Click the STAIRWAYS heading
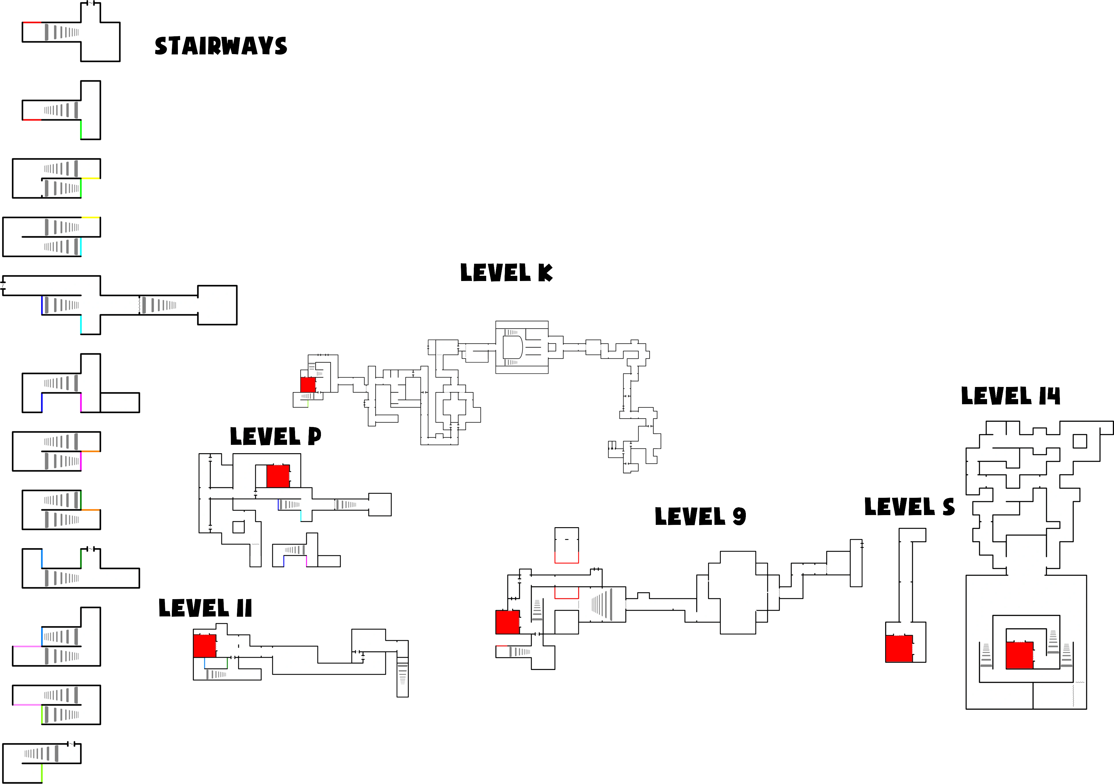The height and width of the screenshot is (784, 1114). tap(221, 45)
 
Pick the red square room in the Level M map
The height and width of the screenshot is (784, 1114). tap(1019, 655)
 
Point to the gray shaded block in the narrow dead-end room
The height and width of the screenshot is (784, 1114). tap(402, 674)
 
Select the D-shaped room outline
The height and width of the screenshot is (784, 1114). tap(512, 347)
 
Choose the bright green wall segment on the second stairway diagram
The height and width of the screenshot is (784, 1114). tap(81, 130)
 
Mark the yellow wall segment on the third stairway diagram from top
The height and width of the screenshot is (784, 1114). tap(91, 179)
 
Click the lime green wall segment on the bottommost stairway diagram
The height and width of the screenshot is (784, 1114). tap(42, 773)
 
